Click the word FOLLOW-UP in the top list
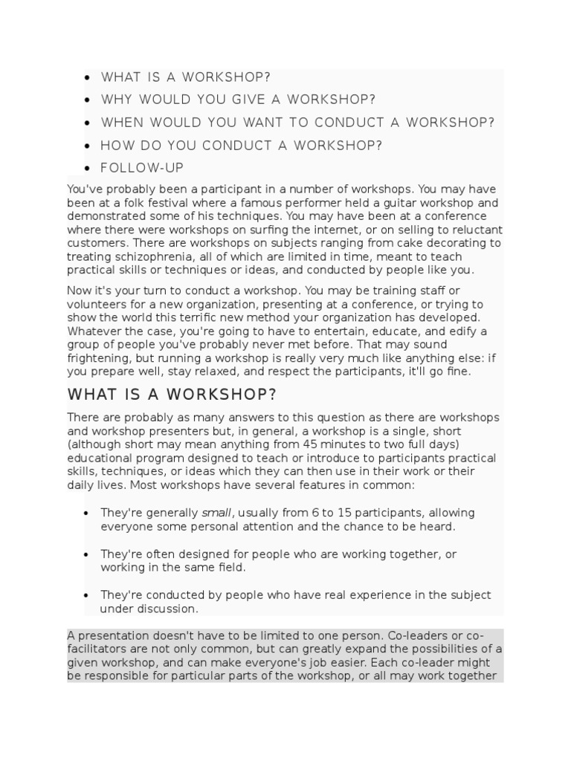(142, 168)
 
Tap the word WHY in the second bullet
(116, 100)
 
